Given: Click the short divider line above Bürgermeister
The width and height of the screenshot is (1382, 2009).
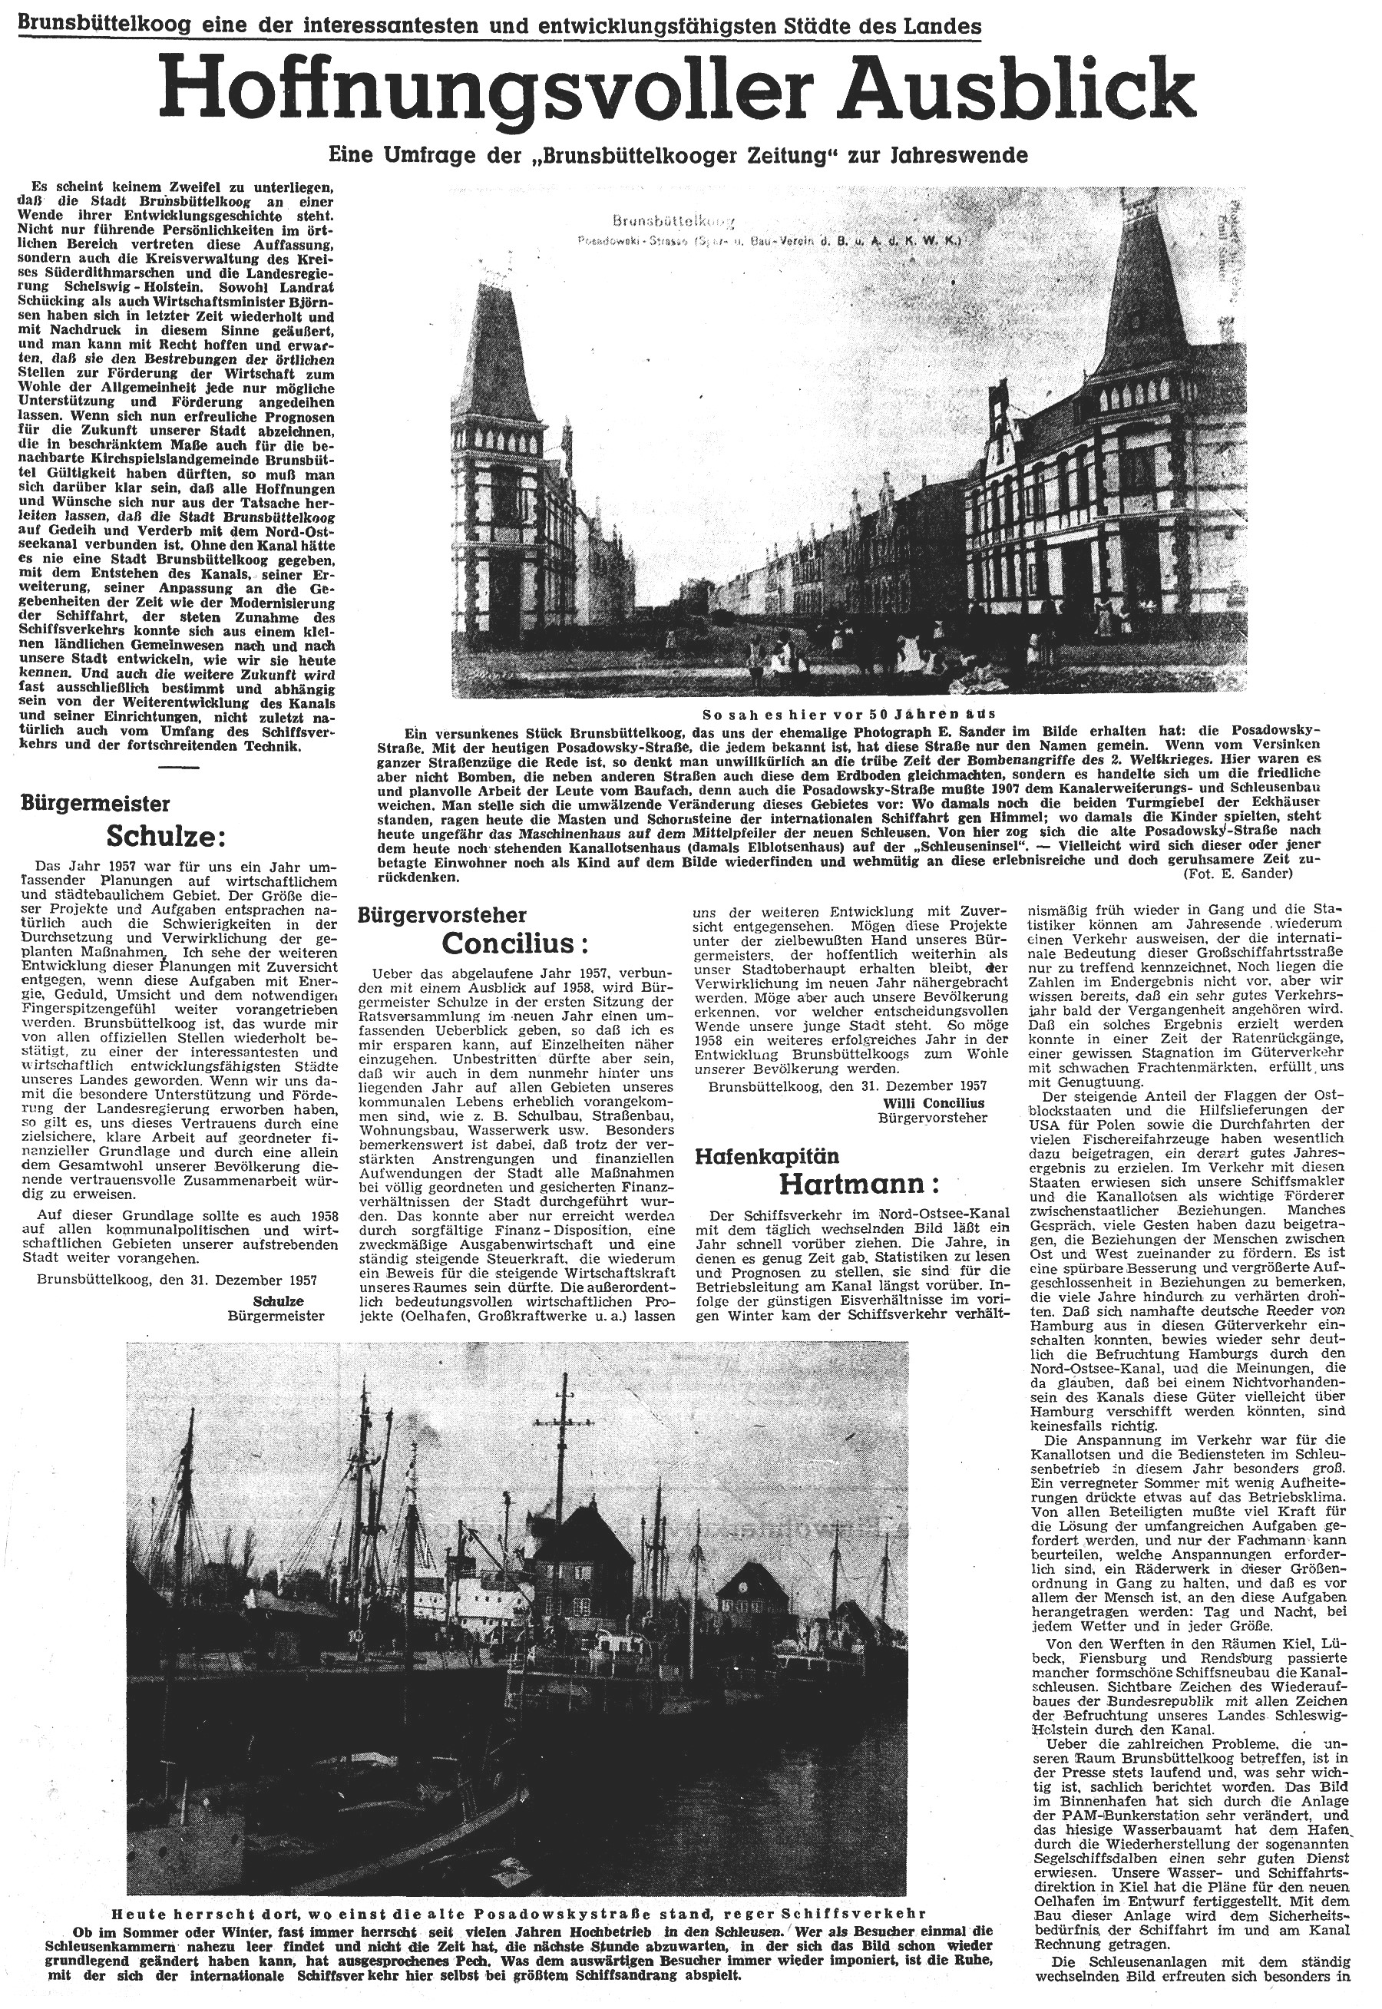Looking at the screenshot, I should (x=178, y=767).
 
